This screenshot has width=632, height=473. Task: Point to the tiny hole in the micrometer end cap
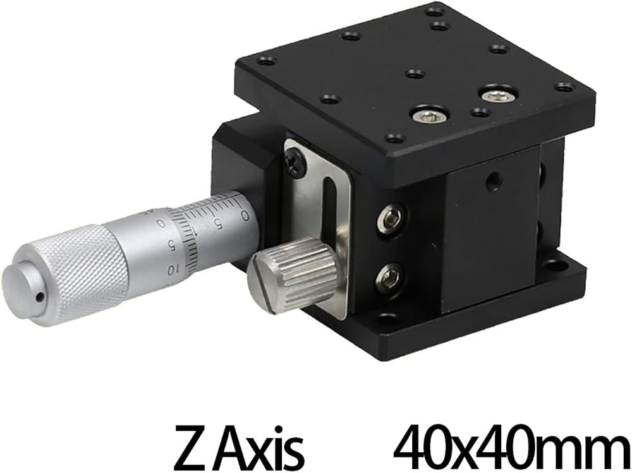(39, 297)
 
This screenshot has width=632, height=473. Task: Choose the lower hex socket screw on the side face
(389, 277)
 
